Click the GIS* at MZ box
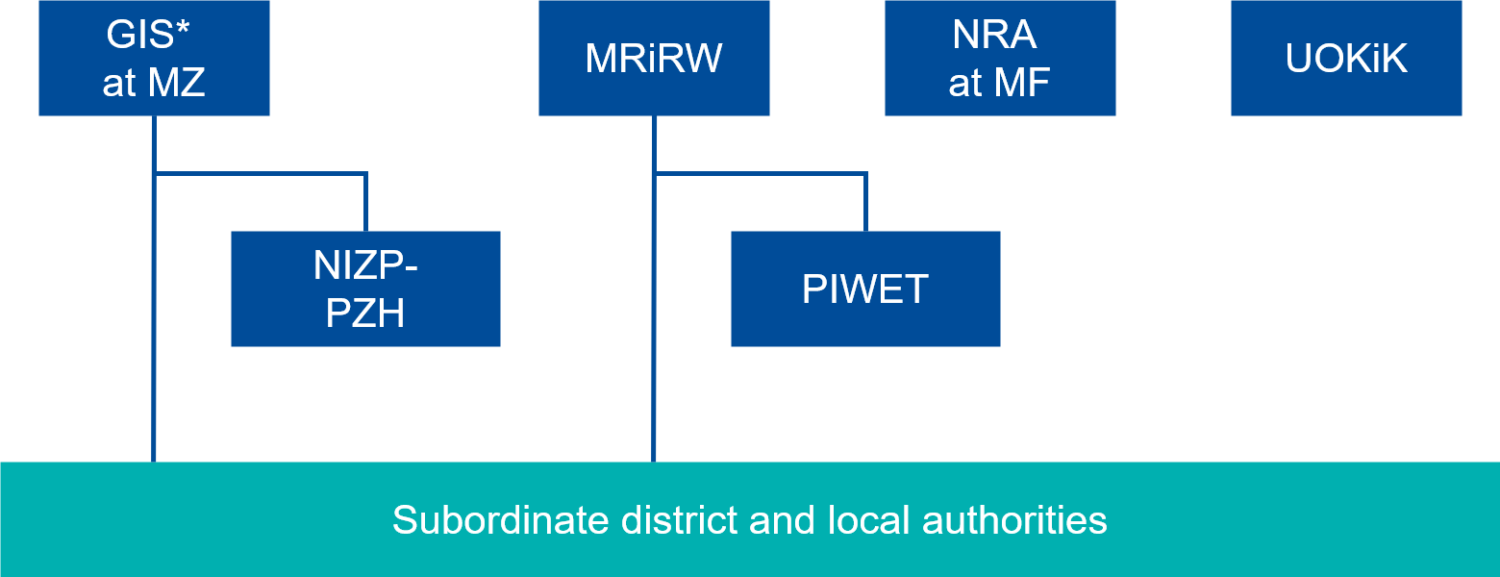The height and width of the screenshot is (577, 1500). tap(154, 58)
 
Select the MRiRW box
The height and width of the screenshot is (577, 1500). tap(654, 58)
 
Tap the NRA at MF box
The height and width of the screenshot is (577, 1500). tap(1000, 58)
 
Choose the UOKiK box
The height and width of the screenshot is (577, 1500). tap(1346, 58)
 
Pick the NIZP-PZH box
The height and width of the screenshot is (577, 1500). tap(365, 288)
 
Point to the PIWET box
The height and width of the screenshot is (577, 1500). tap(865, 288)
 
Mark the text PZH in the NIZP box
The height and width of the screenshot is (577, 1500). tap(365, 314)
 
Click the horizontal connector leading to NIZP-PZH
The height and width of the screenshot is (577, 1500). tap(260, 174)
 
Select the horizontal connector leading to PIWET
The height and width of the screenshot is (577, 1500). tap(760, 174)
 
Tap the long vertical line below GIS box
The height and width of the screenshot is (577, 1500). tap(154, 385)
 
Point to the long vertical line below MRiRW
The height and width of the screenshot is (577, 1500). tap(654, 385)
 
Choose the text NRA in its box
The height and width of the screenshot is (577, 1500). tap(994, 36)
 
